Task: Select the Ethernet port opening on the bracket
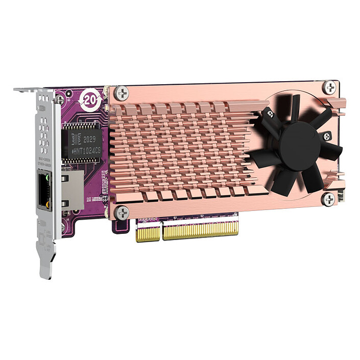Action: (42, 191)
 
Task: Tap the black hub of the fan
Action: (300, 144)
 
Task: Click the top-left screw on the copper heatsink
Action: (122, 93)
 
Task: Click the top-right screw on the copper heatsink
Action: (331, 87)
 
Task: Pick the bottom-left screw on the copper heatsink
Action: (122, 211)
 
